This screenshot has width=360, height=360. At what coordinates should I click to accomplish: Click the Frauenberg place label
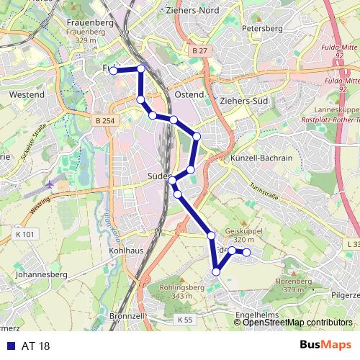tap(91, 22)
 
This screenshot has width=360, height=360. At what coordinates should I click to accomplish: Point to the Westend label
tap(27, 94)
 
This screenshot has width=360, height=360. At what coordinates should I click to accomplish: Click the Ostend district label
tap(189, 94)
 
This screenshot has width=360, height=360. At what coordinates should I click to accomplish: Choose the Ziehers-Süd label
tap(245, 101)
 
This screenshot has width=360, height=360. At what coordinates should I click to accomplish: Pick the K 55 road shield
tap(185, 318)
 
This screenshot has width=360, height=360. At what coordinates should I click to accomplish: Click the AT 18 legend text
tap(36, 346)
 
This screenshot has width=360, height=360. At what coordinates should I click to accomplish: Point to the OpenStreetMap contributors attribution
tap(297, 323)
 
